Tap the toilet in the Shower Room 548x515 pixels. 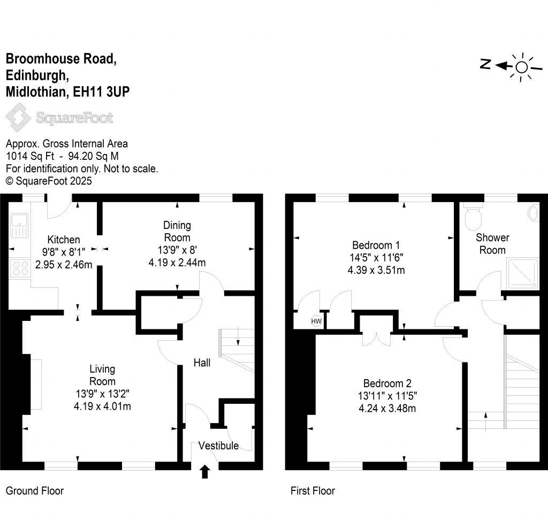[474, 217]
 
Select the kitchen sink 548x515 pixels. [20, 225]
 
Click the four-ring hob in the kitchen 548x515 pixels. [20, 268]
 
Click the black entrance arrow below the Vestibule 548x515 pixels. [204, 472]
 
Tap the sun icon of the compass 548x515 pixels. [521, 67]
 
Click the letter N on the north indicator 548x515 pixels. [485, 65]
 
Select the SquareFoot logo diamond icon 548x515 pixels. [18, 117]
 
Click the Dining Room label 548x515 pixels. [177, 231]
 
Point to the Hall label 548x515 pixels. [202, 363]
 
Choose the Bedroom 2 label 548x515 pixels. [387, 383]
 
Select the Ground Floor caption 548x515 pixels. [34, 490]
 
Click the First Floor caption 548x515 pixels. [313, 490]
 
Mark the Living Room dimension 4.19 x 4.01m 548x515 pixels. [103, 406]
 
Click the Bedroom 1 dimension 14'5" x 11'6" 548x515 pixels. [376, 257]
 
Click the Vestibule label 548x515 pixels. [218, 445]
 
